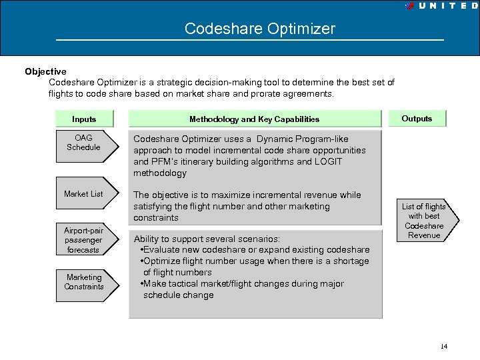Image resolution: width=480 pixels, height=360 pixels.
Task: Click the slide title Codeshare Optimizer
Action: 259,29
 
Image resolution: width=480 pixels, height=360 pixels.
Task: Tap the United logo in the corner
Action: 442,5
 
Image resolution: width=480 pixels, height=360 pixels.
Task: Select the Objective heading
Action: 45,71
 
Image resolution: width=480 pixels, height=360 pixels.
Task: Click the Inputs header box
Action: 84,119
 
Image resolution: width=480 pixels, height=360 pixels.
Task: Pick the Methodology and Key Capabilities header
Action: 254,119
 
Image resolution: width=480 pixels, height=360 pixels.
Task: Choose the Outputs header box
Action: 417,119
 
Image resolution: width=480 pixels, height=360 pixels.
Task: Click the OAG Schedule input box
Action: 83,143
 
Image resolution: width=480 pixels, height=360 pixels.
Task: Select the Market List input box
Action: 83,194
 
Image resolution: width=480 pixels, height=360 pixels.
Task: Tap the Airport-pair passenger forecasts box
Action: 83,240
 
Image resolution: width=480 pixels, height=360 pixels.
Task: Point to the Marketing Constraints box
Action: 83,282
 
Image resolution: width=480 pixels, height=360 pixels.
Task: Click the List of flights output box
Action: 425,221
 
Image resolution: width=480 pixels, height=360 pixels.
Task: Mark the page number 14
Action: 444,346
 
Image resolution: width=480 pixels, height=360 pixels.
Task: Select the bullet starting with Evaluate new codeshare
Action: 256,250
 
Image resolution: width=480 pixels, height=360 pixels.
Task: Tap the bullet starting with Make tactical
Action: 243,284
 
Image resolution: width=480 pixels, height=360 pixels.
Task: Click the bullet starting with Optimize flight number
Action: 255,261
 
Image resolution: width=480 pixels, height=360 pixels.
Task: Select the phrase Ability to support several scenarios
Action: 207,239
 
